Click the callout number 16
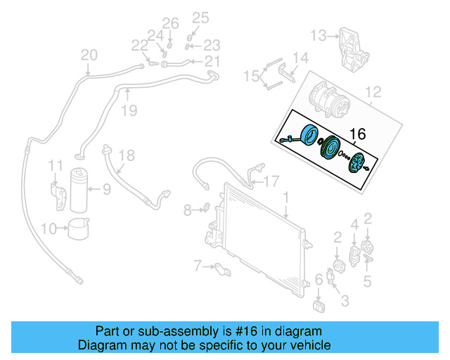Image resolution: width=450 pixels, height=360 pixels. [357, 134]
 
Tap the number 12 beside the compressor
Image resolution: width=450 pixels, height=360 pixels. [373, 91]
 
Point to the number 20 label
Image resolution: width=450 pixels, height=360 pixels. [89, 55]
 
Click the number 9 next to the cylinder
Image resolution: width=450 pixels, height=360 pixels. [107, 188]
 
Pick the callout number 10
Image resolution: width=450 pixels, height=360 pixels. [49, 228]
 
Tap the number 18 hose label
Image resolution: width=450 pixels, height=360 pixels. [125, 155]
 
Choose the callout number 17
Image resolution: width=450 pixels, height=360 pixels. [271, 181]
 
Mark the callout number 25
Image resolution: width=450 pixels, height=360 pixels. [201, 18]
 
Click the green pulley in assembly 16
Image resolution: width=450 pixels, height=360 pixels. [328, 150]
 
